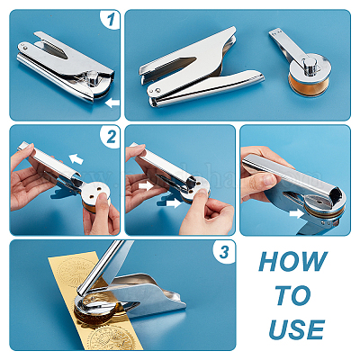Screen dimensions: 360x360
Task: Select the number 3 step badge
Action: (x=223, y=252)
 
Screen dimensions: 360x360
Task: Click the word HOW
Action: (x=292, y=262)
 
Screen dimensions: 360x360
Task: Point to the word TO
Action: (x=292, y=296)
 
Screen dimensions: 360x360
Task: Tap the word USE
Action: (x=292, y=329)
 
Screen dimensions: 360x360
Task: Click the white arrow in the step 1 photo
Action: (x=111, y=103)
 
